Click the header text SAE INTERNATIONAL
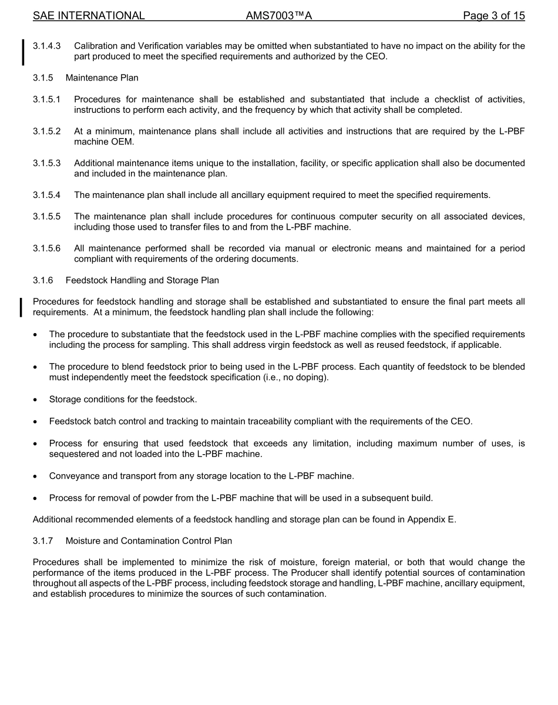click(89, 16)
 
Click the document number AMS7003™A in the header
click(278, 16)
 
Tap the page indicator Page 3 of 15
click(493, 16)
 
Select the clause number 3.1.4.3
click(46, 46)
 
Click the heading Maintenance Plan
click(102, 78)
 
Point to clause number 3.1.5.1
click(46, 99)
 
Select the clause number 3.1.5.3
click(46, 163)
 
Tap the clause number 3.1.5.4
click(46, 195)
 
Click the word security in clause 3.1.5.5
click(393, 216)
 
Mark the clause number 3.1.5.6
click(46, 249)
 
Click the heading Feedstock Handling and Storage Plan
click(142, 280)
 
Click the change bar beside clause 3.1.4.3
click(23, 52)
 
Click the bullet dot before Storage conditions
click(36, 399)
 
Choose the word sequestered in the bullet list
click(74, 454)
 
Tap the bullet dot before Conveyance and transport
click(36, 476)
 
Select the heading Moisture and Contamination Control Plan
click(149, 540)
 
